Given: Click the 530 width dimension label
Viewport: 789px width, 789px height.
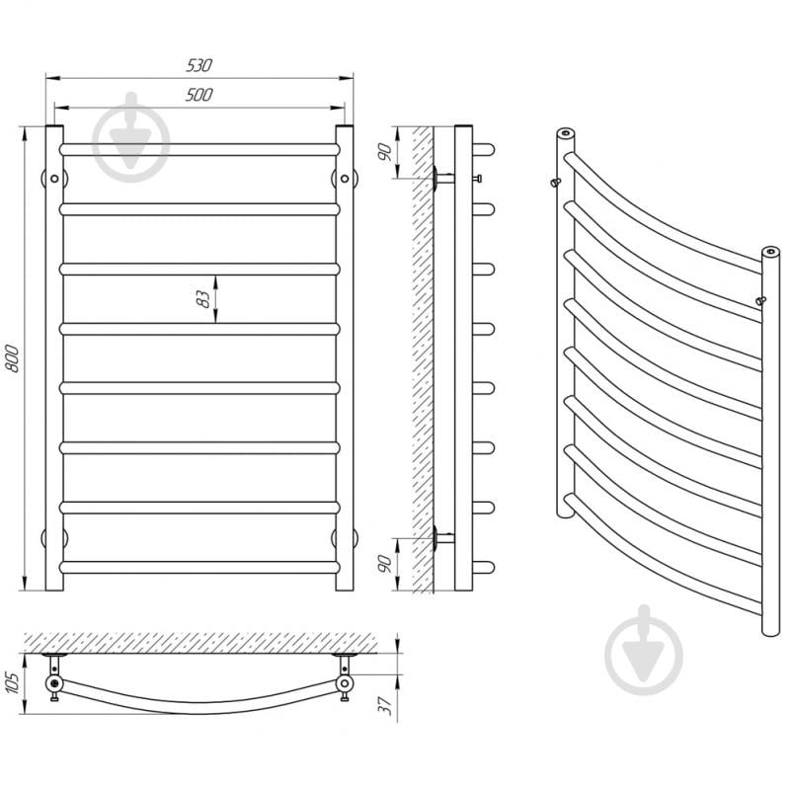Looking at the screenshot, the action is click(199, 65).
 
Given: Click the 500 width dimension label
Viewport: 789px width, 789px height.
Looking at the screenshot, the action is click(199, 94).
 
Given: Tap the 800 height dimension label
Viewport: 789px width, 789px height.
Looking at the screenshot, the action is click(12, 358).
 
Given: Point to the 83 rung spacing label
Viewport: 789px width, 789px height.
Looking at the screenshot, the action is click(202, 299).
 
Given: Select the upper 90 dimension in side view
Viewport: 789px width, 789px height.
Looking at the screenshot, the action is click(385, 152).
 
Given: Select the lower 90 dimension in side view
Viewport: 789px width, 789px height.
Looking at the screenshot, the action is click(385, 564).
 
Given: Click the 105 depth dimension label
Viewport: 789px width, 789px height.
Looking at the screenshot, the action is click(12, 682).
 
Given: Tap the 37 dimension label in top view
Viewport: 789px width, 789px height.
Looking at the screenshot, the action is click(385, 705).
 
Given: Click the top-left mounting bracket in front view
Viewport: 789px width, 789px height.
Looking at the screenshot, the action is click(54, 178).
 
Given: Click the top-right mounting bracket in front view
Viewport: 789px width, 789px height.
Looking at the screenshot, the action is click(345, 178).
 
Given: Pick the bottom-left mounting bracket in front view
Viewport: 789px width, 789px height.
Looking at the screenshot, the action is click(54, 538).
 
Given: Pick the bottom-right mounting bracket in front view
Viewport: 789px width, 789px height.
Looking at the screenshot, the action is click(345, 538).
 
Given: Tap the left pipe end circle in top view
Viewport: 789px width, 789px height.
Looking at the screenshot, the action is click(54, 683).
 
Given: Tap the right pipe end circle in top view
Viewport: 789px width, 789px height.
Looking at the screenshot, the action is click(345, 683).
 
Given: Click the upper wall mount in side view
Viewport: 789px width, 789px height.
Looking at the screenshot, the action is click(442, 178).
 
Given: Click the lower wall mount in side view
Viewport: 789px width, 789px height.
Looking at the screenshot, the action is click(442, 538).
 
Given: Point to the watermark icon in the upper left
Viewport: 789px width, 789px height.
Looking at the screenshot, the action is click(130, 137).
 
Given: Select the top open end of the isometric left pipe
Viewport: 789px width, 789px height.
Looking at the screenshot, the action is click(566, 133).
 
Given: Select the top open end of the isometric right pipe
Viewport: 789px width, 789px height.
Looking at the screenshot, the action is click(770, 251).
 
